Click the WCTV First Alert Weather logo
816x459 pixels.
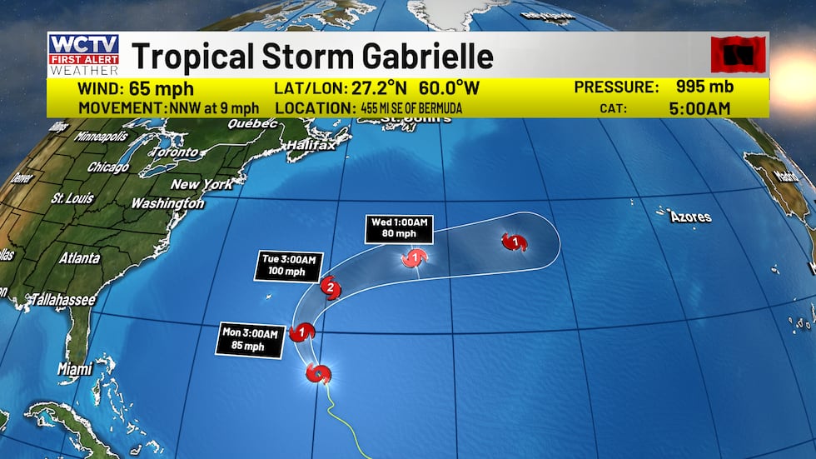[83, 55]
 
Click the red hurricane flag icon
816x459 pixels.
[737, 55]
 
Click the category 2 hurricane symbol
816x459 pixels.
[330, 288]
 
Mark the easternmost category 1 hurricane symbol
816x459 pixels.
[513, 242]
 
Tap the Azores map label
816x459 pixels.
[691, 217]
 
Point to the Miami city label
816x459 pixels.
[76, 368]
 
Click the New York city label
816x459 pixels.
[202, 184]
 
